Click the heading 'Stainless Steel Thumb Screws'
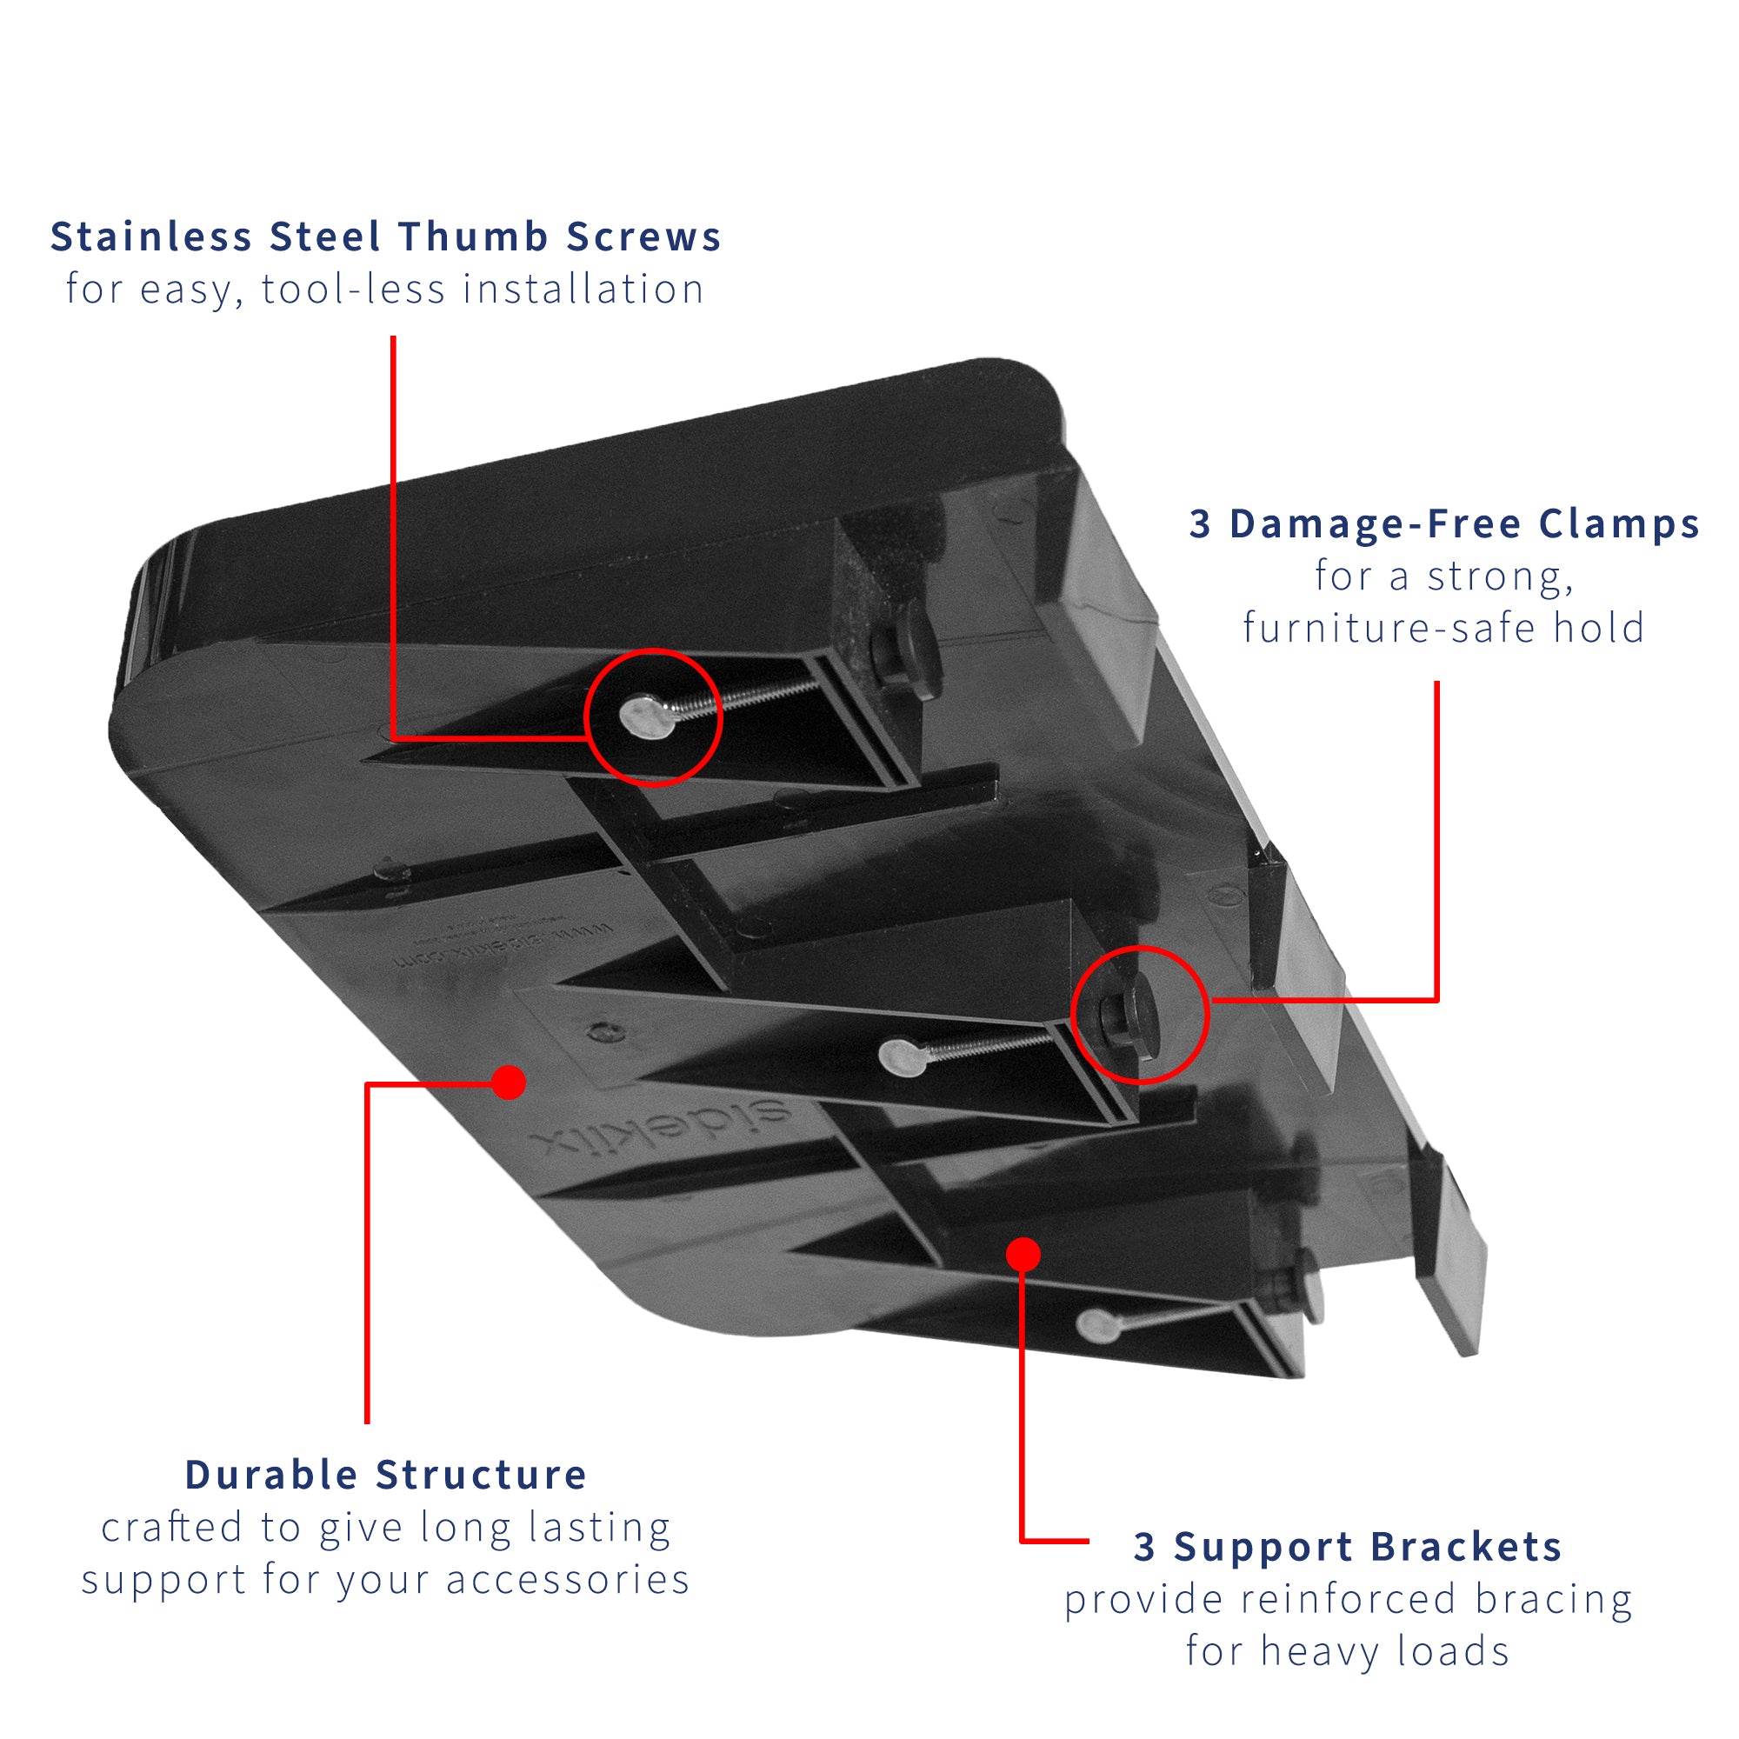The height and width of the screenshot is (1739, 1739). click(386, 237)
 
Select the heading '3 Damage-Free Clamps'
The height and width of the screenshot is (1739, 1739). click(1443, 523)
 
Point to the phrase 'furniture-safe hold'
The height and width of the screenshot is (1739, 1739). click(1443, 629)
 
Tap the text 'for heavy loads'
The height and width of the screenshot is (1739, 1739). click(1348, 1652)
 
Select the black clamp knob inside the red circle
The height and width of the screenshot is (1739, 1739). click(1136, 1016)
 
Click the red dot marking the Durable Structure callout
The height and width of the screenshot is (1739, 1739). click(510, 1083)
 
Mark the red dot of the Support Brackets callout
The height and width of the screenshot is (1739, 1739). click(1023, 1255)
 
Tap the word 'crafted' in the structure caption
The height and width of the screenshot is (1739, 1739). click(172, 1529)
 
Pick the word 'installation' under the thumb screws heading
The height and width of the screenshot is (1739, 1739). click(583, 290)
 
